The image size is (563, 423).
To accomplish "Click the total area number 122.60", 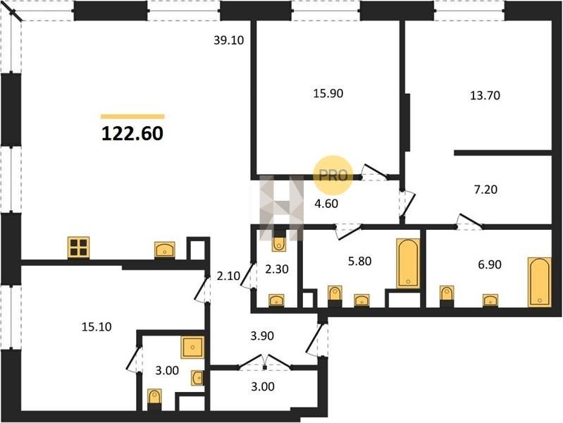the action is [x=132, y=133].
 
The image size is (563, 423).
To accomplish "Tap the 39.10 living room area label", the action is [x=229, y=40].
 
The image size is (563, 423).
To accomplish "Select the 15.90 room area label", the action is [x=328, y=94].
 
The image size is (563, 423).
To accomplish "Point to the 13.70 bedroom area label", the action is [x=485, y=96].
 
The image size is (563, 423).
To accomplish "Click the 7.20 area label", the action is [x=485, y=190].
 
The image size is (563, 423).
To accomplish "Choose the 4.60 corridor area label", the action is [x=326, y=204].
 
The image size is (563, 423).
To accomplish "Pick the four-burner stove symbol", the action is [x=79, y=247].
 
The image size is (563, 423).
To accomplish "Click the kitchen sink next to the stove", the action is [x=165, y=250].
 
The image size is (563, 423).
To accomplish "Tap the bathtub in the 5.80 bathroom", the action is [x=408, y=263].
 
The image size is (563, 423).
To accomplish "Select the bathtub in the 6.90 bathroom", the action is [x=539, y=282].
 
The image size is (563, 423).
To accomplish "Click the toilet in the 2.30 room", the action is [x=279, y=244].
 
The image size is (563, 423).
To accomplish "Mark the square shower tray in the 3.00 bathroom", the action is [x=193, y=347].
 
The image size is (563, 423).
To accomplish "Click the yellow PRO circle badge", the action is [x=333, y=176].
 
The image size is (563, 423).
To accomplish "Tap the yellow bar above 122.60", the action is [x=132, y=116].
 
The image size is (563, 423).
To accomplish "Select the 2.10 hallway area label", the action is [x=228, y=276].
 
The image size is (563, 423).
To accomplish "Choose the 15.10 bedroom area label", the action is [x=97, y=327].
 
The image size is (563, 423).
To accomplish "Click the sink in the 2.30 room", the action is [x=276, y=300].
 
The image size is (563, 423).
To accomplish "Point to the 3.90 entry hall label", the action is [x=262, y=336].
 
